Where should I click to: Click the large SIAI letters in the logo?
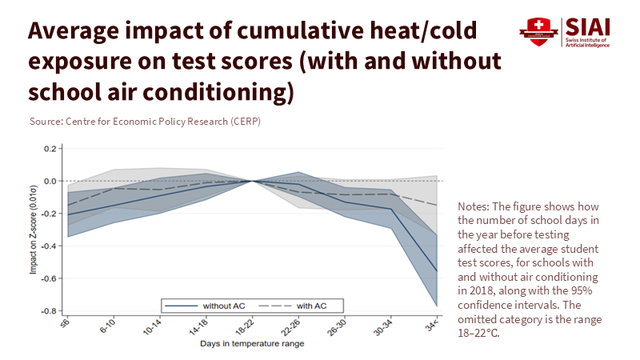pyautogui.click(x=586, y=26)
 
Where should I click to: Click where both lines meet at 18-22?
pyautogui.click(x=253, y=181)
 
